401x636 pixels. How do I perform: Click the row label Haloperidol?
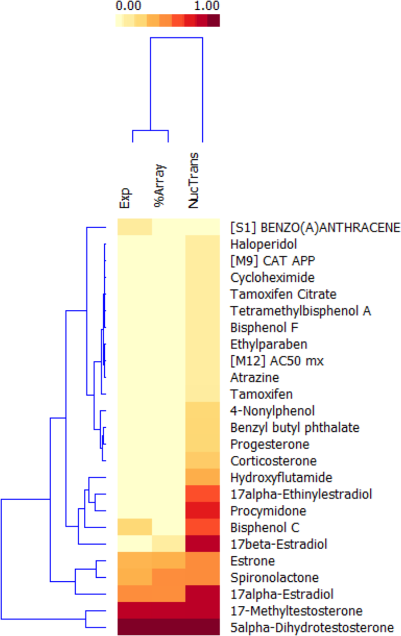[263, 244]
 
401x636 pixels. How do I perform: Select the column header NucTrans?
[193, 181]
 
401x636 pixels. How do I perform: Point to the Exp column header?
[124, 198]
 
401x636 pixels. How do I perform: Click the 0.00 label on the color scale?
[128, 6]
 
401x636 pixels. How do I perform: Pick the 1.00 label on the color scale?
[207, 6]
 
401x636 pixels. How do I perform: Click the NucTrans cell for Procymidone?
[203, 510]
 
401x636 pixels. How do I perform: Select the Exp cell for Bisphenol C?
[135, 527]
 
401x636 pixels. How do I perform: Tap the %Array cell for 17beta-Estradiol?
[168, 544]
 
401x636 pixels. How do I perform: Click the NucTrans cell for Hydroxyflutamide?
[203, 477]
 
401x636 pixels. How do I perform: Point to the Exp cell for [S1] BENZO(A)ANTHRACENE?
[135, 227]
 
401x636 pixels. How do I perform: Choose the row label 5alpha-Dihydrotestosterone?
[312, 628]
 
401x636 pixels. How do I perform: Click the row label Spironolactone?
[274, 578]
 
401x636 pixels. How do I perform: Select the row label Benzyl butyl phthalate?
[295, 428]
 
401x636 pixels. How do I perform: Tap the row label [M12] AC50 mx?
[277, 361]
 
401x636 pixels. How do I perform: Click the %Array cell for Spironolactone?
[168, 577]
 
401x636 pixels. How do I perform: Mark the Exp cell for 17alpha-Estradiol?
[135, 594]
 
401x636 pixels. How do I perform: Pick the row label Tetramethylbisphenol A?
[300, 311]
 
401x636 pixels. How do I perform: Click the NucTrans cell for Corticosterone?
[203, 461]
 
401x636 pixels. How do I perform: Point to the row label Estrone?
[253, 561]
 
